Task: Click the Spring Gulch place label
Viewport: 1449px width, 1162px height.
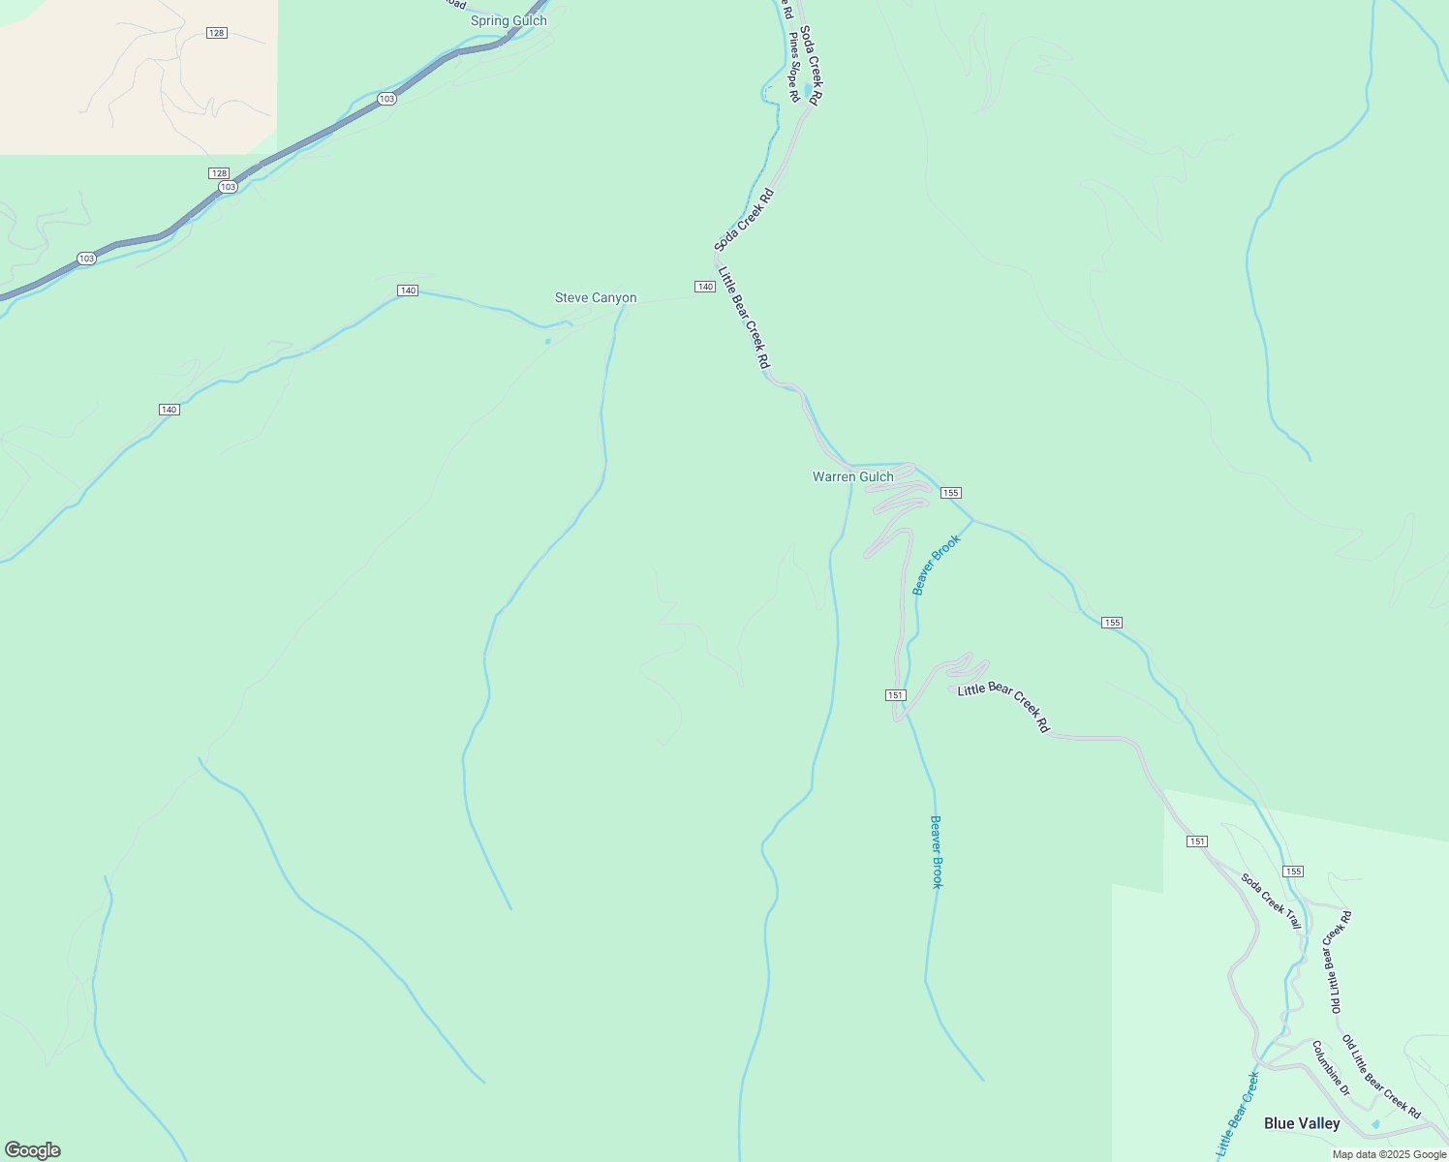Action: click(509, 20)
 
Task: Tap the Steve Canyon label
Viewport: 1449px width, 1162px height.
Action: click(596, 297)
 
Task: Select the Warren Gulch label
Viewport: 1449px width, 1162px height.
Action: click(852, 476)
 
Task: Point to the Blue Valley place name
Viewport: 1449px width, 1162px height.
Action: click(1302, 1123)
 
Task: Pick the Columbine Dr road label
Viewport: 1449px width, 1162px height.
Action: click(1331, 1067)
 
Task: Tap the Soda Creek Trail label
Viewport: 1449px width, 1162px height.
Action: click(1271, 901)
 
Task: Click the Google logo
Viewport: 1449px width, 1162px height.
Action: click(32, 1150)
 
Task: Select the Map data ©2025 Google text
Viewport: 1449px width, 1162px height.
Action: click(1389, 1153)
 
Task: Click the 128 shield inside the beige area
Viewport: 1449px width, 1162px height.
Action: click(216, 33)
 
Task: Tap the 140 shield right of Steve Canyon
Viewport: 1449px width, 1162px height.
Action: click(704, 287)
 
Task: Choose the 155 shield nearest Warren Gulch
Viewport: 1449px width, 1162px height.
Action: click(949, 493)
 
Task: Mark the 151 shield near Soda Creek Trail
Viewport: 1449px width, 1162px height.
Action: click(1197, 841)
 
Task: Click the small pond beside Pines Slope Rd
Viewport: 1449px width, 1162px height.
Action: click(808, 92)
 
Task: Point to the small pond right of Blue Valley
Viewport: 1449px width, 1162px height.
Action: click(1376, 1124)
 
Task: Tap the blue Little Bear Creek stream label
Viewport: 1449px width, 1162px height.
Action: click(1237, 1114)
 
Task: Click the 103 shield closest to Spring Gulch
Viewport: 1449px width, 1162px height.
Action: click(386, 99)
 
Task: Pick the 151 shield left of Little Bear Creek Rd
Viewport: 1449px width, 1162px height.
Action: click(895, 695)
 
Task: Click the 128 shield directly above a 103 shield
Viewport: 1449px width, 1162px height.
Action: click(218, 172)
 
